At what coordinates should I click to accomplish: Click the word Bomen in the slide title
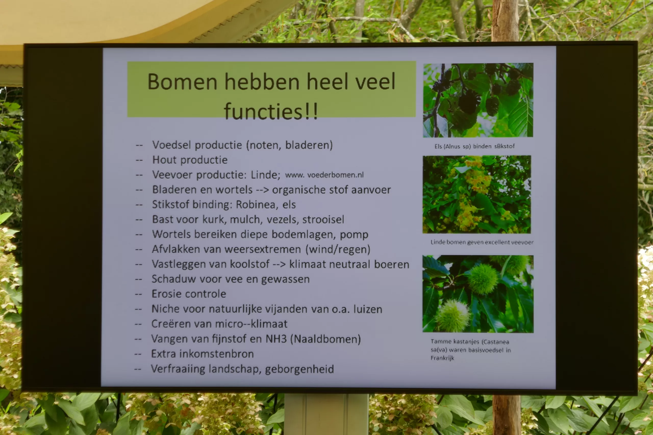182,82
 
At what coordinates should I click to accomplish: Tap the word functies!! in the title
271,112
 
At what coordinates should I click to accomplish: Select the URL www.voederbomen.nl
324,175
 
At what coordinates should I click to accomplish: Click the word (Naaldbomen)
326,339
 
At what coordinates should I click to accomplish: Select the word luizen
368,309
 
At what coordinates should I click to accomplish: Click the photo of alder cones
478,100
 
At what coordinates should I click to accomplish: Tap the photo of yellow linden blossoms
477,194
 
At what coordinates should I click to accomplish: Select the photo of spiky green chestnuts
478,294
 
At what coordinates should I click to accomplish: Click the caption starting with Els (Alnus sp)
474,146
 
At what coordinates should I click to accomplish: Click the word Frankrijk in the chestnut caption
442,358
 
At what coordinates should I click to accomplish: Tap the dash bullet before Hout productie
139,160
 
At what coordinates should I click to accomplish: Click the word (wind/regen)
338,249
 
